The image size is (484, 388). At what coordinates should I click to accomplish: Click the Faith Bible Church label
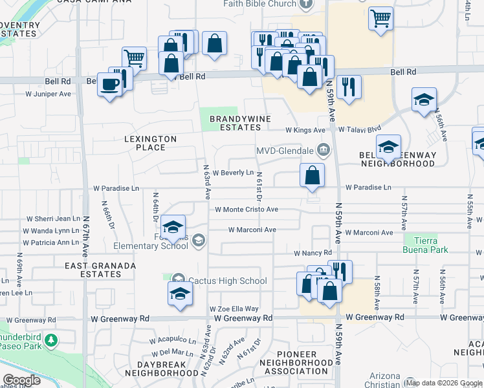coord(260,4)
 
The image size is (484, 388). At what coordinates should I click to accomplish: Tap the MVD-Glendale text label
coord(285,151)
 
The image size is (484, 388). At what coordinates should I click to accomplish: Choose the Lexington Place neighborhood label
coord(150,143)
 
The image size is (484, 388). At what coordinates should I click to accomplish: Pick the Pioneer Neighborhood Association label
coord(296,363)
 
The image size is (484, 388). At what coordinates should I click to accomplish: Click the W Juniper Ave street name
coord(48,94)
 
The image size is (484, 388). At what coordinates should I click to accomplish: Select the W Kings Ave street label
coord(305,130)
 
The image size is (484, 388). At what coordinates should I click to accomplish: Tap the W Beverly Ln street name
coord(232,173)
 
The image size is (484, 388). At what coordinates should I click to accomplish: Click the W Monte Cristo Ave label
coord(246,210)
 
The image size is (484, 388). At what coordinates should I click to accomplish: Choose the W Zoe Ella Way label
coord(234,309)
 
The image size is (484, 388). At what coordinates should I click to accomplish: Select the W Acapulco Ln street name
coord(172,340)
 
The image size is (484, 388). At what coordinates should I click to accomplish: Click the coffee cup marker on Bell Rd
coord(109,84)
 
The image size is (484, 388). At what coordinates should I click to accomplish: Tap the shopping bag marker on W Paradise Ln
coord(312,175)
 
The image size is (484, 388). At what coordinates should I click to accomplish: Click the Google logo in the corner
coord(21,380)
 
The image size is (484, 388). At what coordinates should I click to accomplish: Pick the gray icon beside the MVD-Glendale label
coord(324,151)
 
